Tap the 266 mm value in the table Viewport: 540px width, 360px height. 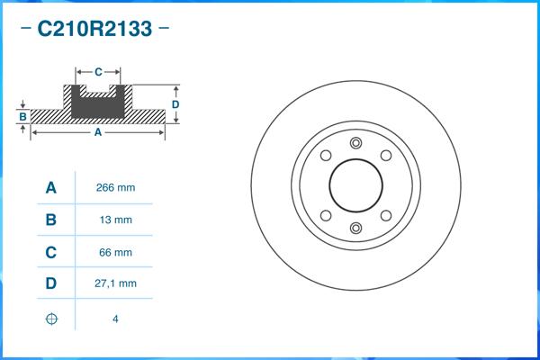coord(115,188)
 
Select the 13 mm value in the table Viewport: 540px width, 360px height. coord(115,220)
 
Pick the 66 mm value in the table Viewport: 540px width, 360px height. coord(115,252)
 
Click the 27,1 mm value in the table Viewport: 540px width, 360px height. coord(115,283)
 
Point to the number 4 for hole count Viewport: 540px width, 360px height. coord(115,319)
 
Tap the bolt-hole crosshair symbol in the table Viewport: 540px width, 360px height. coord(51,319)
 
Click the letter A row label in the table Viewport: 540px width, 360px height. coord(51,188)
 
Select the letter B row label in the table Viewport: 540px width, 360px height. coord(51,220)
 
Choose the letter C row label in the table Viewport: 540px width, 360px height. coord(51,252)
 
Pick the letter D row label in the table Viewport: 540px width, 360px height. coord(51,283)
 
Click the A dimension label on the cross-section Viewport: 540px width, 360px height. coord(97,133)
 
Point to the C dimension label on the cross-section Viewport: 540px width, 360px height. coord(98,70)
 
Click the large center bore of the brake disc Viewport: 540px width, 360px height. coord(355,184)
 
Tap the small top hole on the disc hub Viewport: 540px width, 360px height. coord(355,143)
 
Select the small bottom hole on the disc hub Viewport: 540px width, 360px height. coord(355,227)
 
